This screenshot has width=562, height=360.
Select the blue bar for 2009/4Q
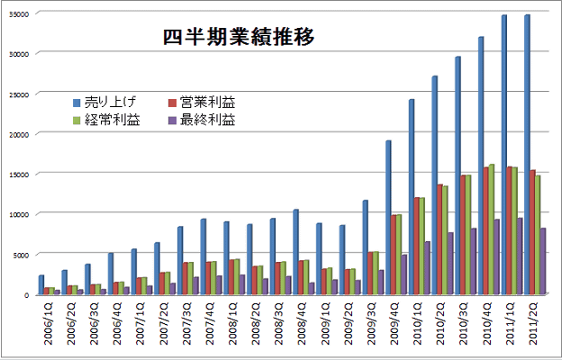point(387,217)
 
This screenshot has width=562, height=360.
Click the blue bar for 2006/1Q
point(41,284)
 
